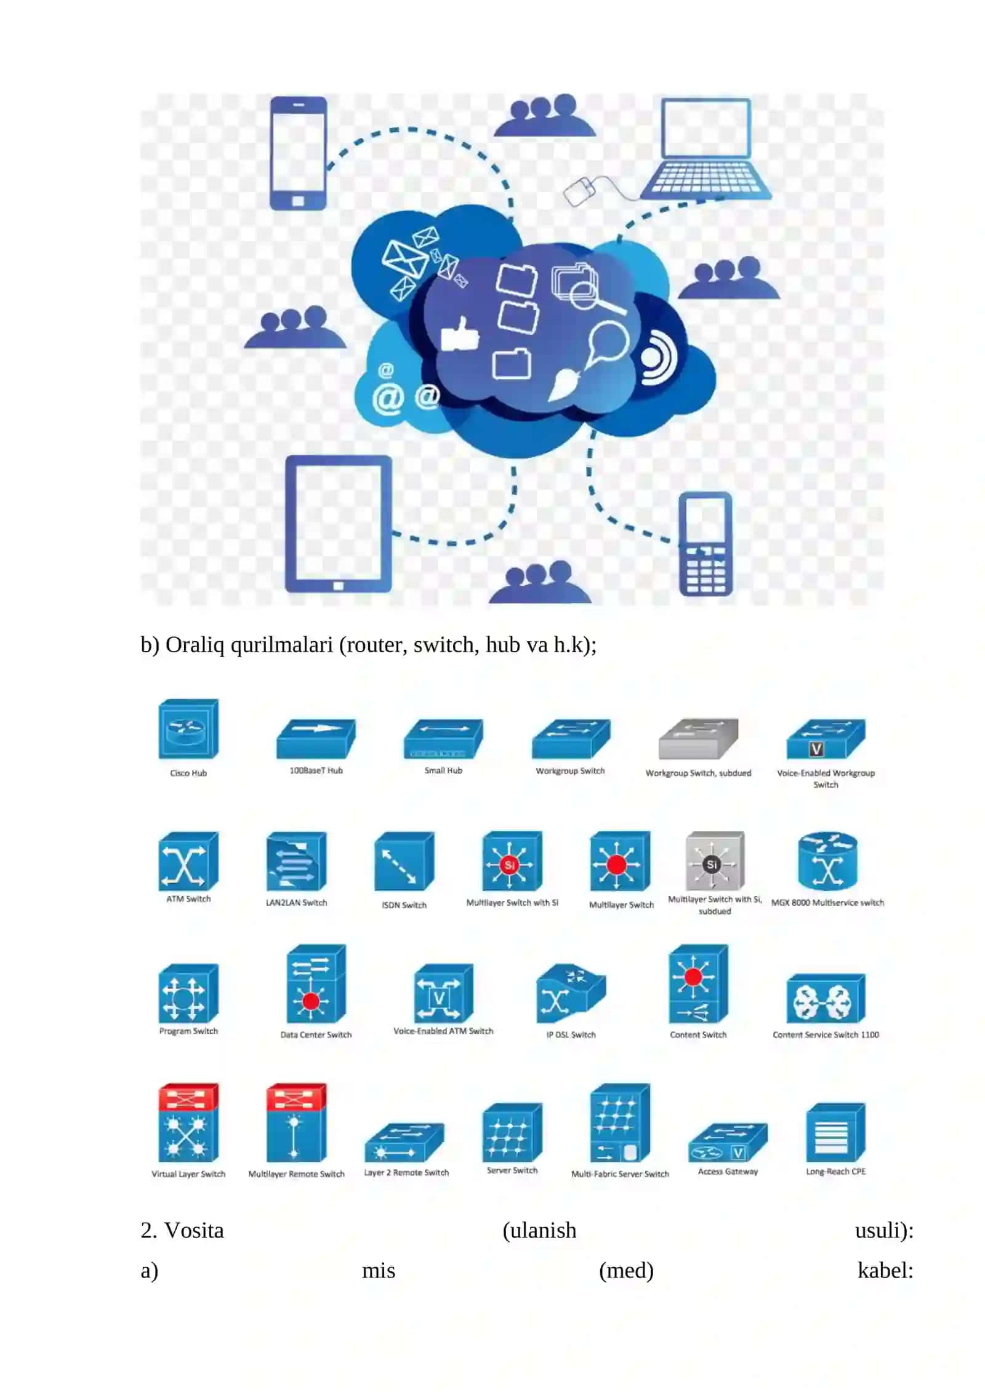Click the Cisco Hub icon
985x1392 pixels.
pyautogui.click(x=188, y=729)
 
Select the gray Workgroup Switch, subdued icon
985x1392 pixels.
pyautogui.click(x=698, y=738)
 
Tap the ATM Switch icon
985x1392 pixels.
pyautogui.click(x=188, y=861)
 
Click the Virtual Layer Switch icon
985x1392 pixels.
pyautogui.click(x=188, y=1122)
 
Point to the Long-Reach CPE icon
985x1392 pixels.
pyautogui.click(x=835, y=1132)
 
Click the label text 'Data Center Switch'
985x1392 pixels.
pyautogui.click(x=316, y=1035)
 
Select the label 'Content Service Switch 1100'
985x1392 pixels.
pyautogui.click(x=826, y=1035)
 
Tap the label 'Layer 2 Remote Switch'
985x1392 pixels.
pyautogui.click(x=406, y=1172)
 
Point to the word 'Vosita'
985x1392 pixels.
pyautogui.click(x=194, y=1230)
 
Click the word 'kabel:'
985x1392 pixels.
pyautogui.click(x=885, y=1270)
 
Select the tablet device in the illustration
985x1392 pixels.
pyautogui.click(x=338, y=524)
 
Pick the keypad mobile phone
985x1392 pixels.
pyautogui.click(x=706, y=544)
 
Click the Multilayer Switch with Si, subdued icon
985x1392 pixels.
pyautogui.click(x=714, y=861)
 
